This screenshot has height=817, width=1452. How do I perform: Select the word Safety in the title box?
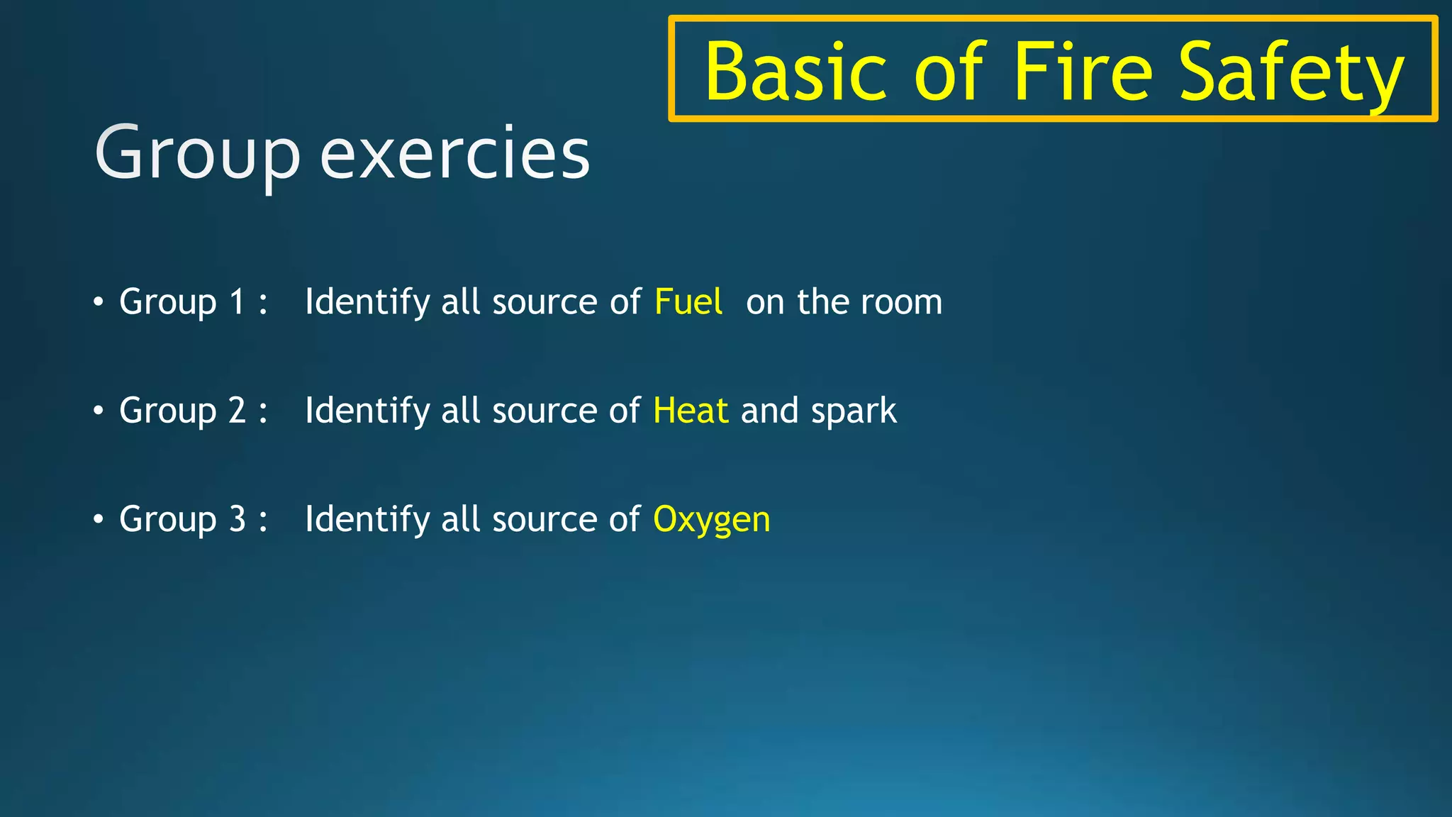[x=1290, y=74]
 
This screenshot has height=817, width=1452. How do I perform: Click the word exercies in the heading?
[x=454, y=153]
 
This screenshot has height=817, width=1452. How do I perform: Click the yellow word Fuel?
[x=688, y=301]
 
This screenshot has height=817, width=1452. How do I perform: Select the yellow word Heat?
[x=690, y=411]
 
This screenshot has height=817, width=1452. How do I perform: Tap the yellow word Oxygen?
[x=711, y=520]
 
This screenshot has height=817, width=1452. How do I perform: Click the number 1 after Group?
[x=237, y=302]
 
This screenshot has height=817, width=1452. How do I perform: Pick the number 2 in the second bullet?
[x=237, y=411]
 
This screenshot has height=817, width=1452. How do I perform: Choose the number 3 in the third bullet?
[x=237, y=519]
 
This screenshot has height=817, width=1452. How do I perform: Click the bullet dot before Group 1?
[x=99, y=302]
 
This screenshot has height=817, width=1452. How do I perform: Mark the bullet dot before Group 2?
[x=99, y=411]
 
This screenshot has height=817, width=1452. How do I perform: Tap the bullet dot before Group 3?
[x=99, y=519]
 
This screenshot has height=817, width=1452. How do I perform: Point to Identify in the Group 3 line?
[x=367, y=519]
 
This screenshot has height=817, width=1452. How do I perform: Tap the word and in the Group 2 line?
[x=769, y=411]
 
